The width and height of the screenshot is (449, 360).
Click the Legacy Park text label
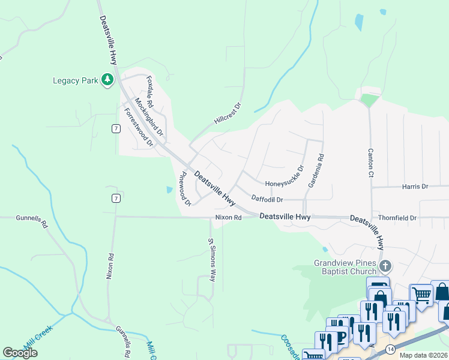coord(75,80)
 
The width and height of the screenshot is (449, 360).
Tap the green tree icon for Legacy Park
coord(107,80)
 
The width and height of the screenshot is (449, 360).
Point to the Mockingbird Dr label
coord(149,116)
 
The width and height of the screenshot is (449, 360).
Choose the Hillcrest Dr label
coord(228,114)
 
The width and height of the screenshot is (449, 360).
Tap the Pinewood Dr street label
coord(185,189)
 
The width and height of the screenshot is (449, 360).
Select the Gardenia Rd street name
coord(316,171)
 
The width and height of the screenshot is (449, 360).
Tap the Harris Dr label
coord(415,187)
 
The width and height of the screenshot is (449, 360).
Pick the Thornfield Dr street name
coord(397,218)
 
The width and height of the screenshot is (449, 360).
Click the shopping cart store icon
coord(421,295)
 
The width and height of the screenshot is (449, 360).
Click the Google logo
coord(20,352)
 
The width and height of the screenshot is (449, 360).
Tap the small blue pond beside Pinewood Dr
coord(169,190)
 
